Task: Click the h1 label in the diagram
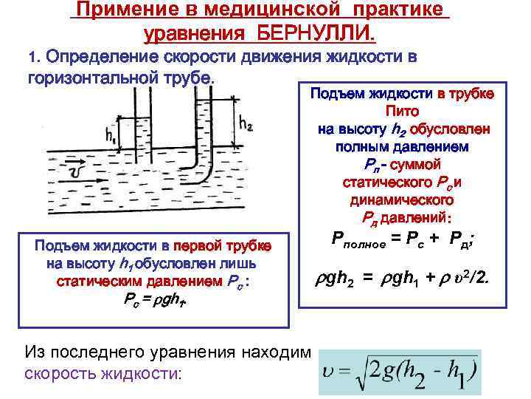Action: [111, 136]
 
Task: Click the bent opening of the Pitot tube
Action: [181, 177]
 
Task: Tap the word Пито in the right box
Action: [403, 111]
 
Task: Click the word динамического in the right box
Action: [403, 199]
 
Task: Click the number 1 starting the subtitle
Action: [32, 57]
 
